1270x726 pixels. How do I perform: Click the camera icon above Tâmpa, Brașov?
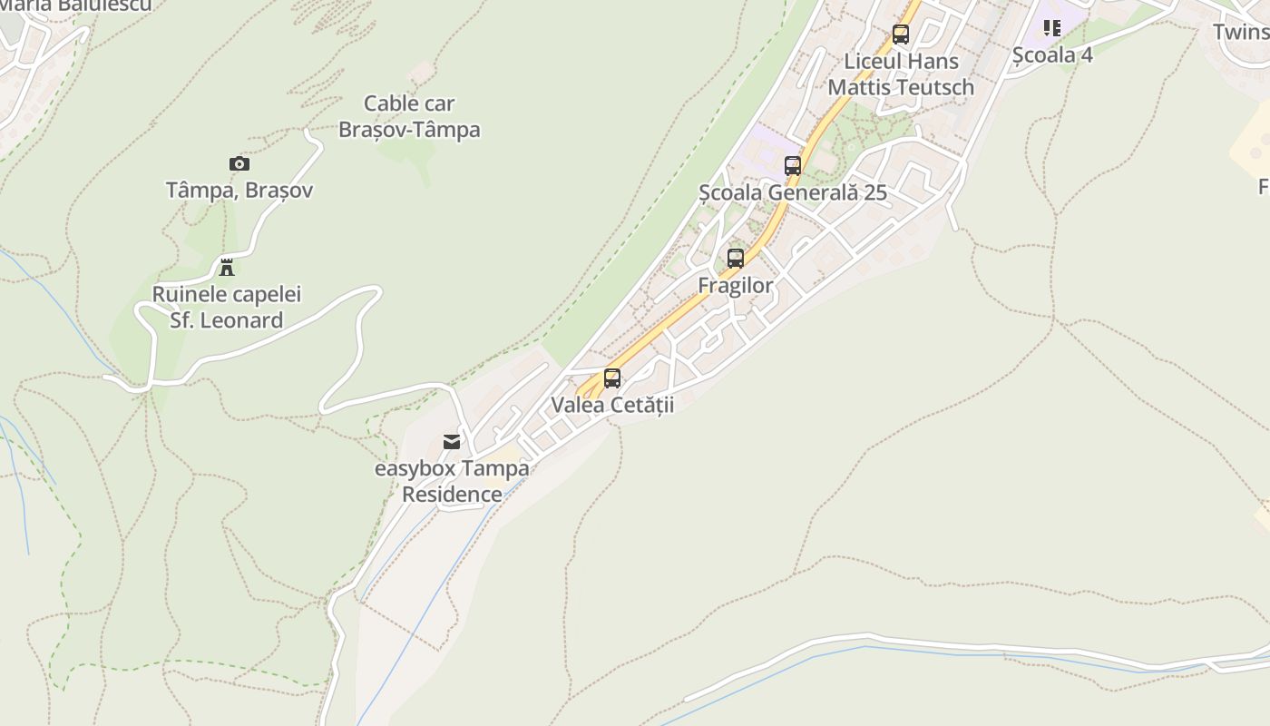(x=239, y=164)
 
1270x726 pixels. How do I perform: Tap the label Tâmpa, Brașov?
(x=239, y=191)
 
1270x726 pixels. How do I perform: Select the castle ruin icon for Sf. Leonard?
(x=227, y=268)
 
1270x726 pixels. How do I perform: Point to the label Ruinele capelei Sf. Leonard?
(x=227, y=308)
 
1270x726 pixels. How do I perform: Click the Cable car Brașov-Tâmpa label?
(x=409, y=117)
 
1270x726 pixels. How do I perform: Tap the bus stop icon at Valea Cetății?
(x=612, y=378)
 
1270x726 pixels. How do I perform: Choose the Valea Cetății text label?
(x=612, y=405)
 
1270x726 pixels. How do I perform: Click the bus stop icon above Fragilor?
(x=736, y=259)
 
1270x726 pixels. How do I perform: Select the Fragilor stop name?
(x=736, y=286)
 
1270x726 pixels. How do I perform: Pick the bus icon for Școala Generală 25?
(x=793, y=166)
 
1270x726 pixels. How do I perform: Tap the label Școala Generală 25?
(x=793, y=192)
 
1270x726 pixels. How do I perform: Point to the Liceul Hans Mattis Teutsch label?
(x=901, y=74)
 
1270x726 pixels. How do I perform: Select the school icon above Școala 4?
(x=1052, y=28)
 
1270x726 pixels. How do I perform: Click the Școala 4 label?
(x=1052, y=54)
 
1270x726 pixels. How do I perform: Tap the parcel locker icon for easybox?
(x=452, y=442)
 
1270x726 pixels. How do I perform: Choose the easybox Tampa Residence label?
(x=452, y=482)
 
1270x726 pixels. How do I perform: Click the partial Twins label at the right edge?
(x=1241, y=32)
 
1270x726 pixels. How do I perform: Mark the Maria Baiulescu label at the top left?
(x=76, y=5)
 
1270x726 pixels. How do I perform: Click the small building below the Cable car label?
(x=421, y=72)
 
